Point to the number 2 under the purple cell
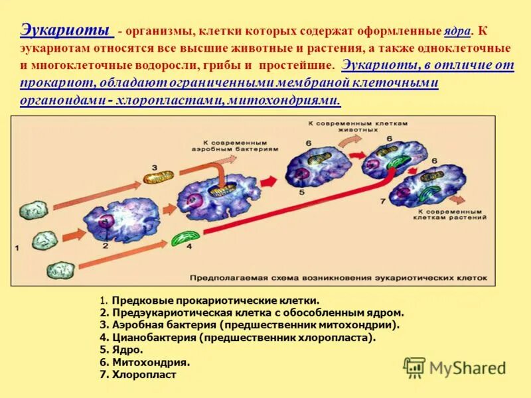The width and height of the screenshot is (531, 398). tap(104, 245)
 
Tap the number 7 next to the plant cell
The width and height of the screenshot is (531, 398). tap(382, 200)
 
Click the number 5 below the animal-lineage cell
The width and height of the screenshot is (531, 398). tap(301, 192)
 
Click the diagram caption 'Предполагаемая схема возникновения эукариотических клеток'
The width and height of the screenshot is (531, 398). tap(339, 278)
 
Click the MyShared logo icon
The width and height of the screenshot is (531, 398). tap(415, 367)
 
